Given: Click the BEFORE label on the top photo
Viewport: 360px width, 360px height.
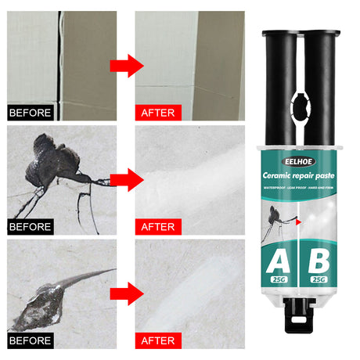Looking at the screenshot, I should tap(31, 112).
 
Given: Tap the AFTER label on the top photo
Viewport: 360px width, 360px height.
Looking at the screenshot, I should tap(157, 112).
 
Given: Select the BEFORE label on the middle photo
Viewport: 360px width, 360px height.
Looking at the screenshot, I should tap(31, 227).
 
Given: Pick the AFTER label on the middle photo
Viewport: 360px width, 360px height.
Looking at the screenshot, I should tap(157, 227).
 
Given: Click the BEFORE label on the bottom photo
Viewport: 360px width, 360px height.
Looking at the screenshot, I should tap(31, 340).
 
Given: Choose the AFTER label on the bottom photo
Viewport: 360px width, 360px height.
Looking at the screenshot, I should tap(157, 340).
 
